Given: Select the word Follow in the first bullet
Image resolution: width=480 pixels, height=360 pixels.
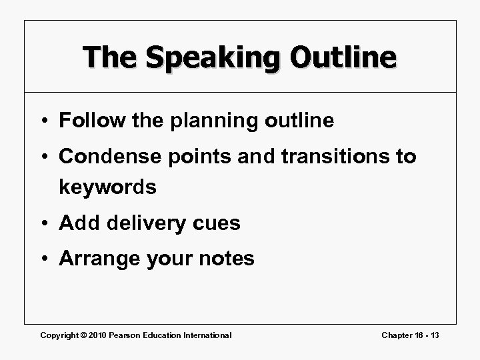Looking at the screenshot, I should point(88,121).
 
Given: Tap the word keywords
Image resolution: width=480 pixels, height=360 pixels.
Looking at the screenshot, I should point(107,187).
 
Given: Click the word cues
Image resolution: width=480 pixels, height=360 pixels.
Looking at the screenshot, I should point(216,223).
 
